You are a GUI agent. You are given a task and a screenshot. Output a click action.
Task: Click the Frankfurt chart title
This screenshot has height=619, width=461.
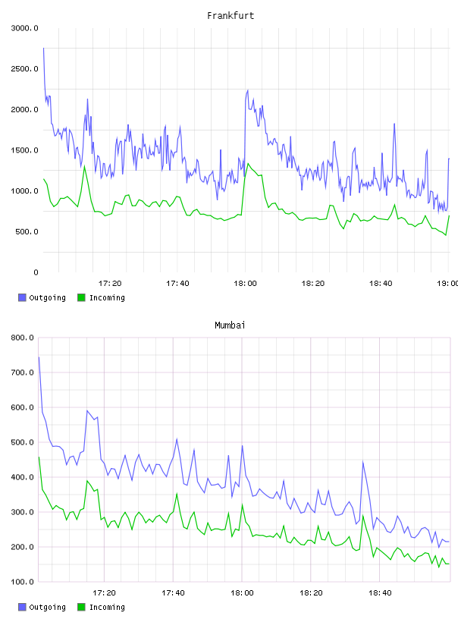click(x=230, y=16)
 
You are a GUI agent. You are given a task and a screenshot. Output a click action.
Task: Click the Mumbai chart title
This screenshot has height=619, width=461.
click(x=230, y=325)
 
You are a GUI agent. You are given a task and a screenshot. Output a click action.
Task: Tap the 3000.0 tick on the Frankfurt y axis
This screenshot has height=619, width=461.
click(x=25, y=28)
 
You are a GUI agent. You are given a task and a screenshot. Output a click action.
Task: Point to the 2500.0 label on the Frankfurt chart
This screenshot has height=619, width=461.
click(x=25, y=69)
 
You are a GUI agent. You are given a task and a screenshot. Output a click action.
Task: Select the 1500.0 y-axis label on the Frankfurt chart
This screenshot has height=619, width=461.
click(x=25, y=150)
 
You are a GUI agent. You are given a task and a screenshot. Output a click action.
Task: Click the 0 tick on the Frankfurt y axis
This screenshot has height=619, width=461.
click(x=36, y=272)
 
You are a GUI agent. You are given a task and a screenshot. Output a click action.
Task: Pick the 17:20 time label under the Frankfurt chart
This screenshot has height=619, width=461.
click(x=110, y=283)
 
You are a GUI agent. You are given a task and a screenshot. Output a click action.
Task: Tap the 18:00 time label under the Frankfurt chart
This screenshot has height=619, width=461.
click(x=245, y=283)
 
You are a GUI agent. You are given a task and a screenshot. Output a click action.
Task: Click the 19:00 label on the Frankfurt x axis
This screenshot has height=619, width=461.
click(x=447, y=283)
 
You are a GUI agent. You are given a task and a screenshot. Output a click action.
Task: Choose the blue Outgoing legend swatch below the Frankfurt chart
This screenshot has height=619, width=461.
click(x=22, y=297)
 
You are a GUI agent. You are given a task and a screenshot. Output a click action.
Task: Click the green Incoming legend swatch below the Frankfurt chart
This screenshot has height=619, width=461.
click(x=81, y=297)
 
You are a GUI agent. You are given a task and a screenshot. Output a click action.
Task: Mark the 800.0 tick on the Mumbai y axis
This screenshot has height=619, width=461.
click(x=23, y=338)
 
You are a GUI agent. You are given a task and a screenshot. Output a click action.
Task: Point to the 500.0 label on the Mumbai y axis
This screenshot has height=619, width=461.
click(x=23, y=442)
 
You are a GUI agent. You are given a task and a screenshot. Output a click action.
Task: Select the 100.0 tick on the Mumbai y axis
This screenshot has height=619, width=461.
click(x=23, y=582)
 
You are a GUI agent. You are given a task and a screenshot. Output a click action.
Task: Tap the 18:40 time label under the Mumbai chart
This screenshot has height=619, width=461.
click(x=380, y=592)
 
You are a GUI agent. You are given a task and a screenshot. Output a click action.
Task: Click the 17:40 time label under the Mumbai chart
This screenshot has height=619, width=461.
click(x=174, y=592)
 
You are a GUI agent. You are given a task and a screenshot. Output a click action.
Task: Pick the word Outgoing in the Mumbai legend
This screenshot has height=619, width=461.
click(x=47, y=607)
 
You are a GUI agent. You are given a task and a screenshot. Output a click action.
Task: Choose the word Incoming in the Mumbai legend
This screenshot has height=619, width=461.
click(x=107, y=607)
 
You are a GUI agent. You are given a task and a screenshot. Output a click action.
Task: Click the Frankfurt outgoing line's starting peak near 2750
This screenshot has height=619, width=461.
click(x=43, y=48)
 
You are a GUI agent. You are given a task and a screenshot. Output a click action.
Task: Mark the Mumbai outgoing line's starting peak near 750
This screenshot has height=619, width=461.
click(x=39, y=357)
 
